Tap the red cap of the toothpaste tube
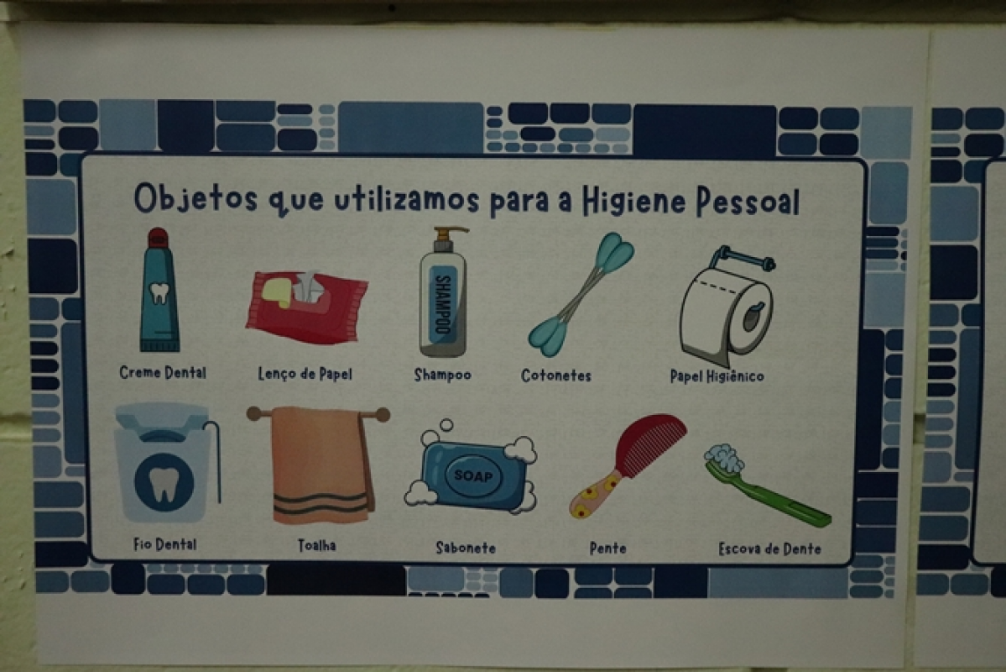pyautogui.click(x=157, y=239)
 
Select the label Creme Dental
pyautogui.click(x=163, y=373)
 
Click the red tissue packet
pyautogui.click(x=307, y=307)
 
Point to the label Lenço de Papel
pyautogui.click(x=305, y=374)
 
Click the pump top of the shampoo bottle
pyautogui.click(x=447, y=239)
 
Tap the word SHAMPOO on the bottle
pyautogui.click(x=443, y=303)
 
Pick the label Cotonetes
pyautogui.click(x=556, y=375)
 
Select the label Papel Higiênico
pyautogui.click(x=717, y=376)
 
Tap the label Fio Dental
pyautogui.click(x=165, y=544)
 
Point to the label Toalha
pyautogui.click(x=317, y=545)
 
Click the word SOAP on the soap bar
pyautogui.click(x=474, y=476)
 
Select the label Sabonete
pyautogui.click(x=466, y=548)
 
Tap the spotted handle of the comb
pyautogui.click(x=595, y=493)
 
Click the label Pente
pyautogui.click(x=607, y=549)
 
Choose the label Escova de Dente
pyautogui.click(x=770, y=549)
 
